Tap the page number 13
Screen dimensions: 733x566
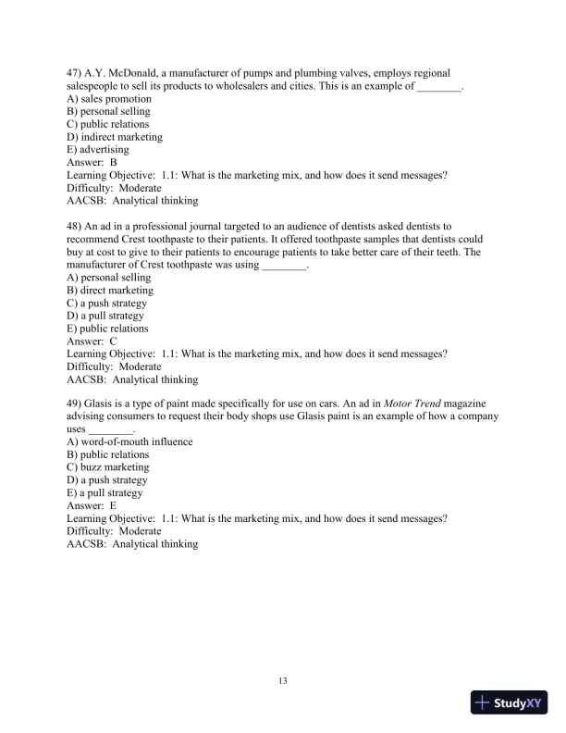(x=283, y=681)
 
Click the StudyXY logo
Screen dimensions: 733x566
(x=508, y=702)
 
